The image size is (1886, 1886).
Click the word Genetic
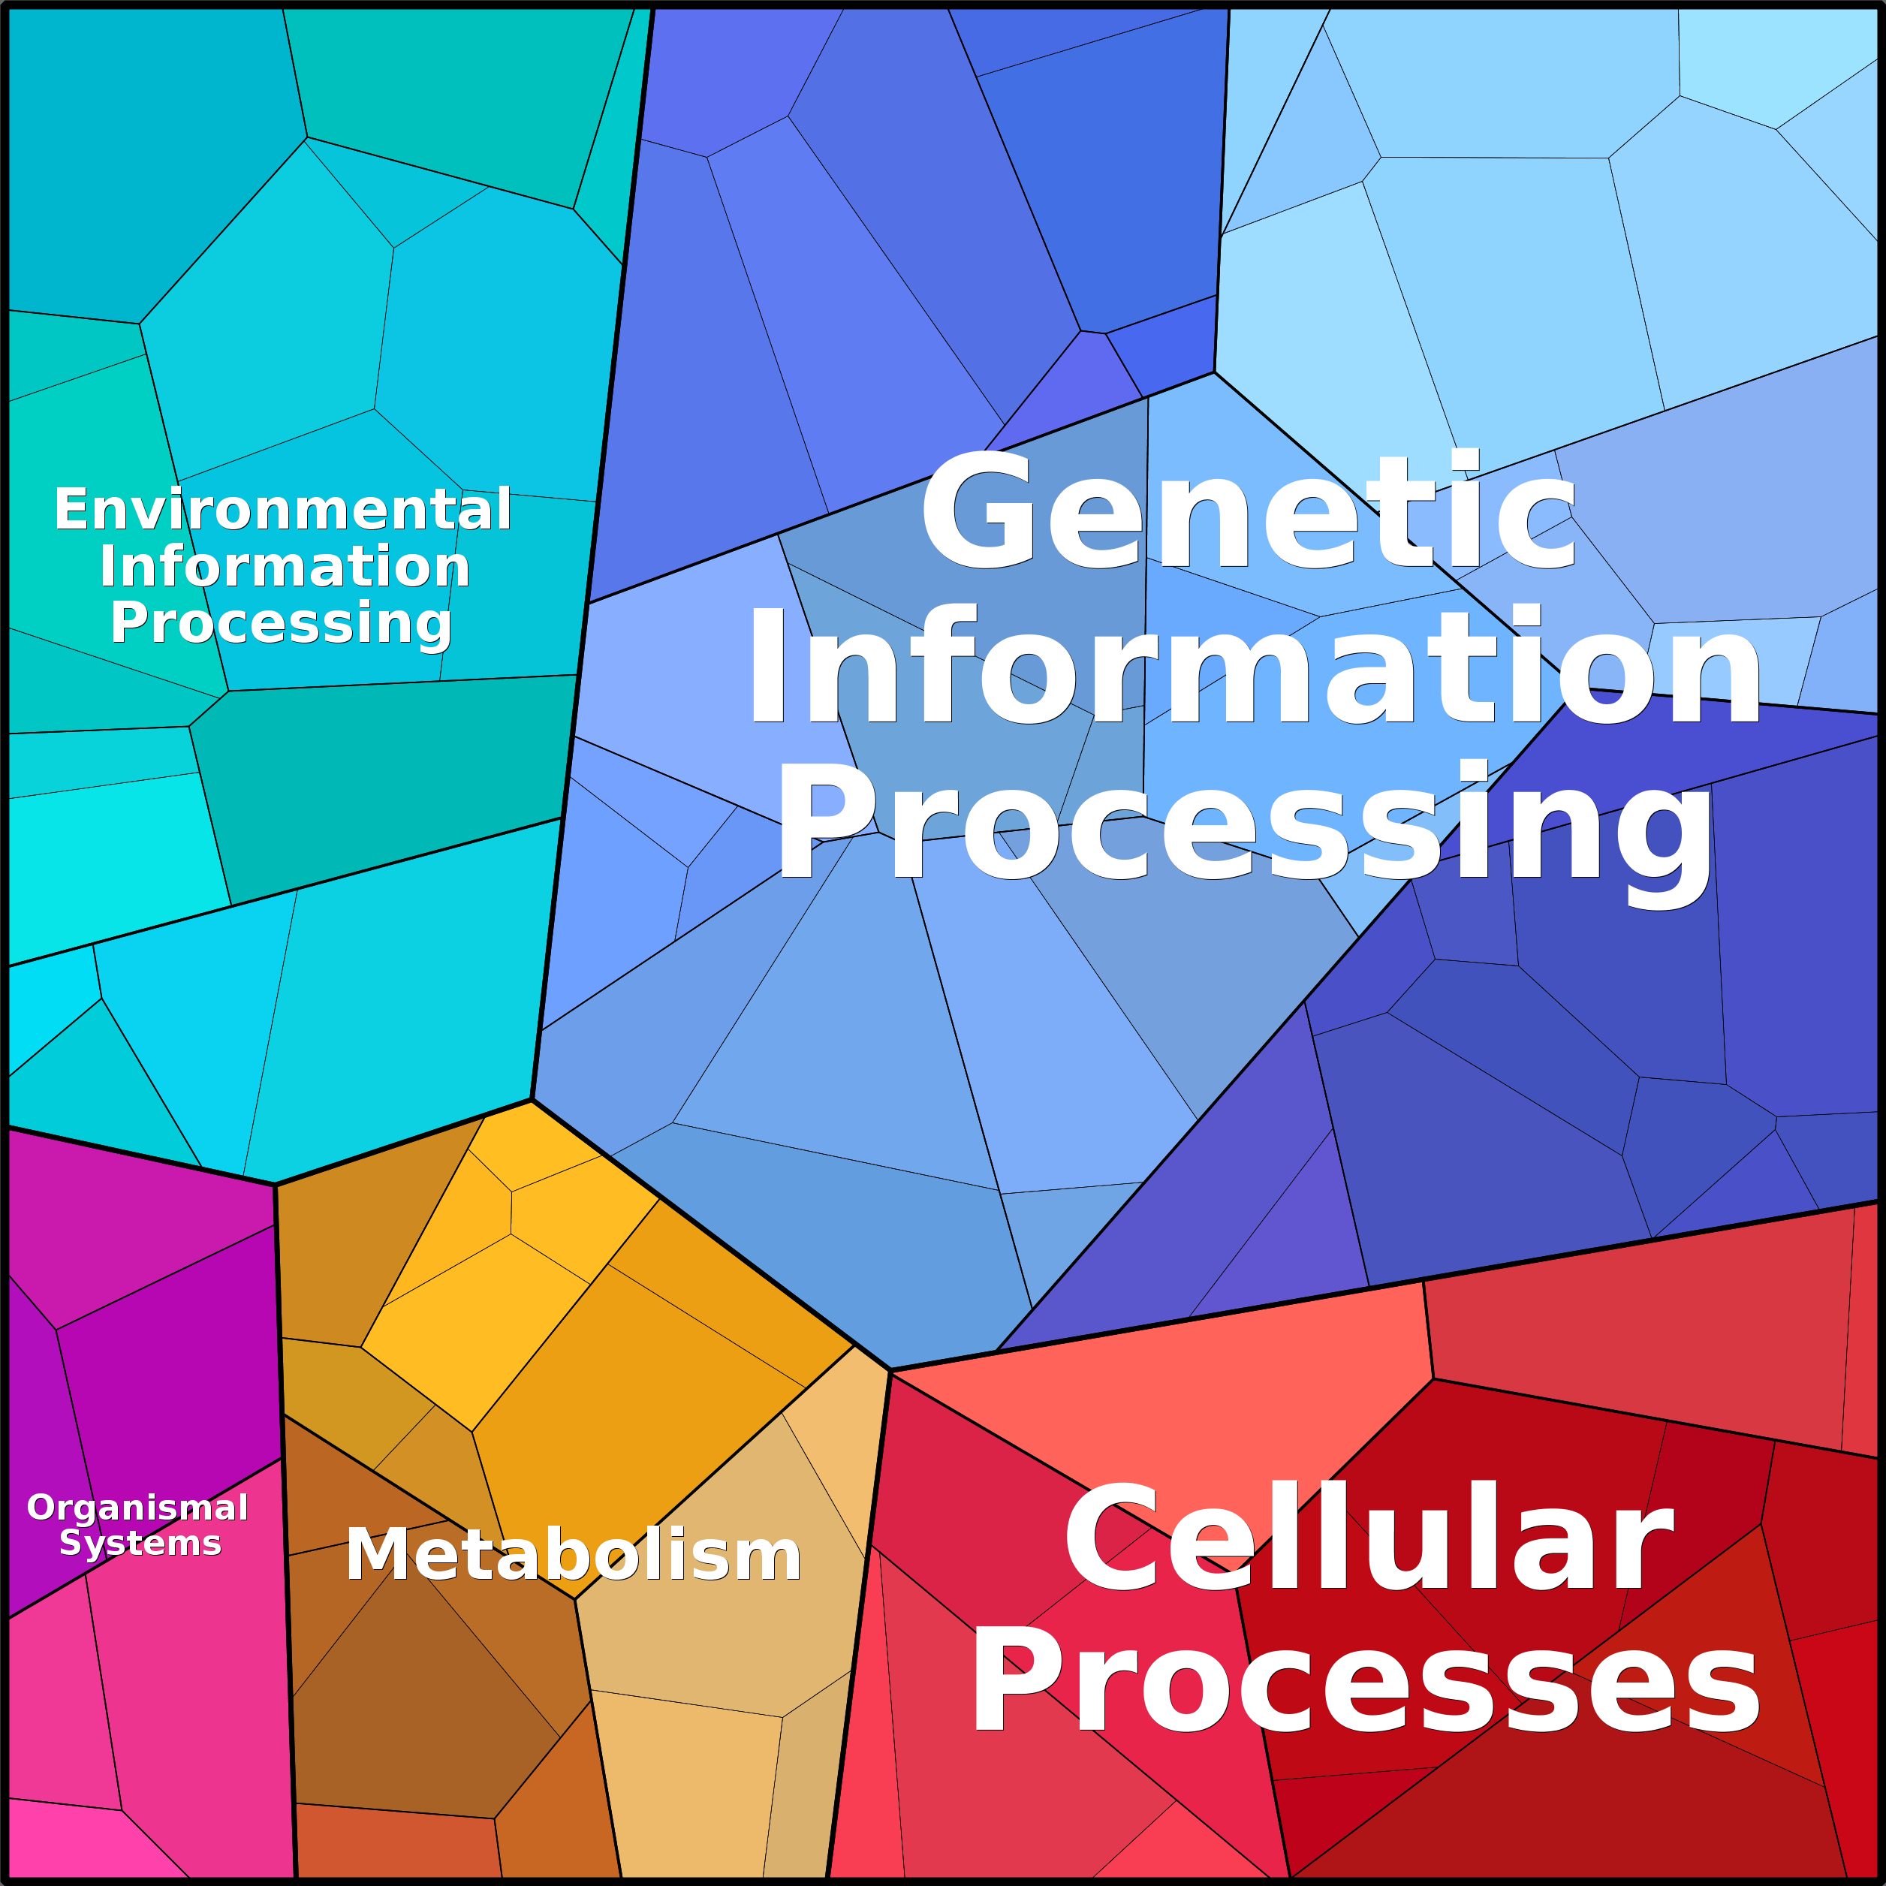[x=1248, y=510]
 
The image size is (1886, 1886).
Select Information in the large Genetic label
[x=1252, y=666]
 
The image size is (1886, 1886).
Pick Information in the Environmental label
[x=284, y=566]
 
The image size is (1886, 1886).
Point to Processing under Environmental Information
[x=281, y=624]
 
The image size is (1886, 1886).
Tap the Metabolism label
[x=573, y=1554]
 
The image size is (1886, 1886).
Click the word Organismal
[x=137, y=1508]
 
